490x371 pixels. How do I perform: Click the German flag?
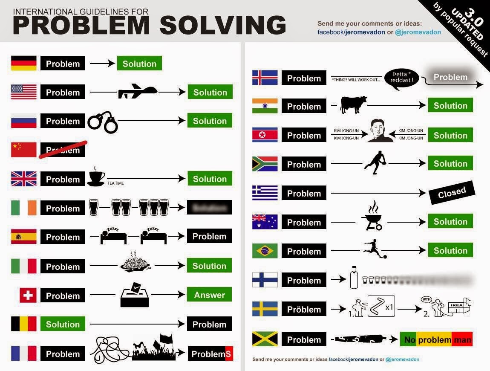23,64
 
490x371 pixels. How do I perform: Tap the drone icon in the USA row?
137,91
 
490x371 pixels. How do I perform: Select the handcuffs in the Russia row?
102,122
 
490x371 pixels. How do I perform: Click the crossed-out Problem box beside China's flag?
63,150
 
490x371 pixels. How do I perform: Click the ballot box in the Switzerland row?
134,295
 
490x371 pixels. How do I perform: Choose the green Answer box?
209,295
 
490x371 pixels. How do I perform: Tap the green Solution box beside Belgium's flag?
63,324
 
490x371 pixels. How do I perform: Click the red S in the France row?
228,354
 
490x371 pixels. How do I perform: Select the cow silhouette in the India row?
353,105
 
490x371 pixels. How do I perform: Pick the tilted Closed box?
452,193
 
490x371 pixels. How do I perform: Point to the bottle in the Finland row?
353,278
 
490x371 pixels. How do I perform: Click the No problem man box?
436,339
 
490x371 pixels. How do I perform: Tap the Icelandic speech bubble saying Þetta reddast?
401,78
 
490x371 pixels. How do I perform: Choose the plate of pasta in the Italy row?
135,263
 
